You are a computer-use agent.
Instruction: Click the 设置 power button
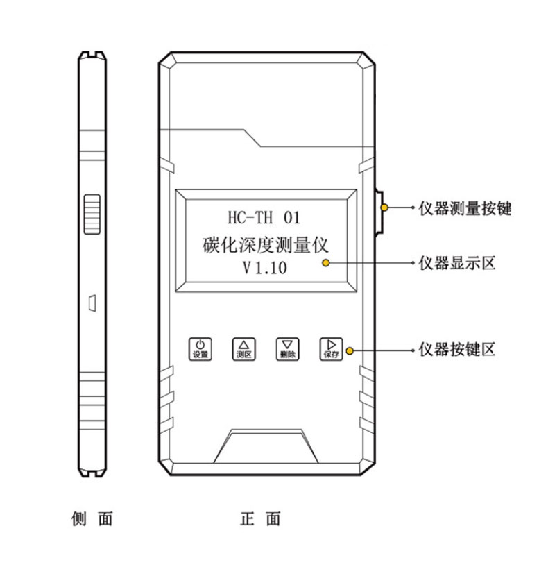pos(200,348)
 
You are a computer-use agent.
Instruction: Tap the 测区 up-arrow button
pos(243,348)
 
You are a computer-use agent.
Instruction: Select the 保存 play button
pos(331,348)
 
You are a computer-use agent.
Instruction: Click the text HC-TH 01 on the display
pos(264,217)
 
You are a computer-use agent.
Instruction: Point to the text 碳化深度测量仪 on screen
pos(264,244)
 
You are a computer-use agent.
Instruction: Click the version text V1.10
pos(264,268)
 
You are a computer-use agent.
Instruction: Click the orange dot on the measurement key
pos(384,208)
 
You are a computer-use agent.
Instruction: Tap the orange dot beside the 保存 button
pos(350,350)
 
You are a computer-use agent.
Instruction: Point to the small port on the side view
pos(92,301)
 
